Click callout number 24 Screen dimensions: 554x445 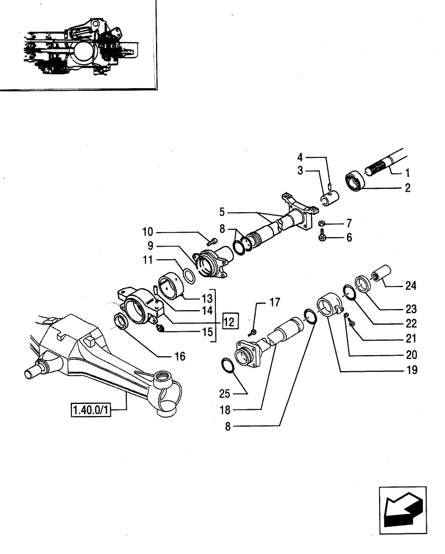(410, 286)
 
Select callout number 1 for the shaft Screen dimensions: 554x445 (408, 172)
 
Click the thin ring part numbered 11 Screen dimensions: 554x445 (189, 274)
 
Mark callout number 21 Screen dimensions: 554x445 (410, 338)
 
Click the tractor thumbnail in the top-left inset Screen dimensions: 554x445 (77, 44)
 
